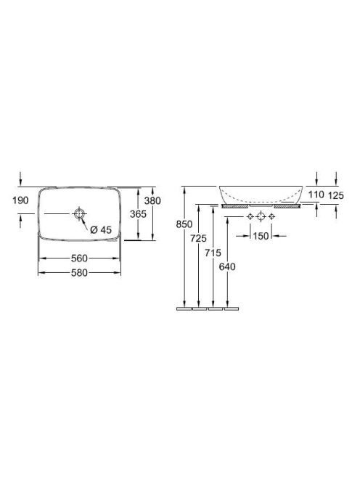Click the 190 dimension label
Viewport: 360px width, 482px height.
(x=20, y=200)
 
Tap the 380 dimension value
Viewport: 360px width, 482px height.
(x=152, y=201)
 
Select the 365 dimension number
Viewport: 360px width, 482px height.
(x=138, y=214)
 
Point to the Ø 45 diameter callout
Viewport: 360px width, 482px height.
(x=101, y=229)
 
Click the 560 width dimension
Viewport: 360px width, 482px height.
(x=79, y=258)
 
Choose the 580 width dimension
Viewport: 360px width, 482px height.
(x=79, y=273)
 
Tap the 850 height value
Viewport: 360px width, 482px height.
(x=184, y=224)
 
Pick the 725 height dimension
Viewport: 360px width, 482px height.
(x=199, y=238)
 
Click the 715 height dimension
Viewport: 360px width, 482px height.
(x=213, y=253)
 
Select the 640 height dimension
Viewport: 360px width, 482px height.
(x=227, y=266)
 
